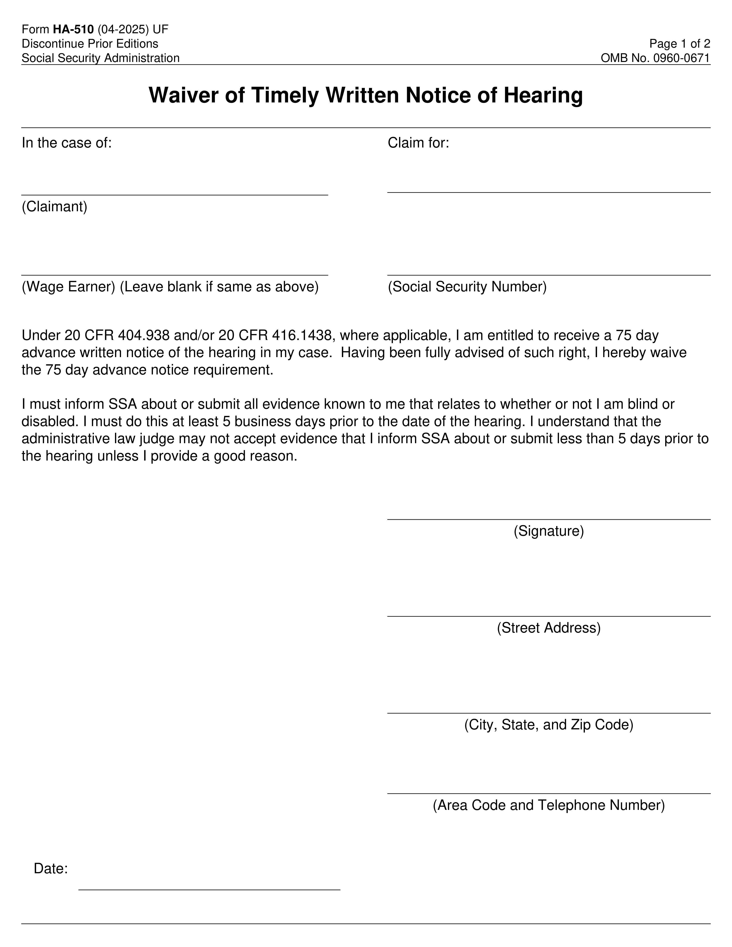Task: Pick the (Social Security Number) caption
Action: click(467, 287)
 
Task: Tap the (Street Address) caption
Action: click(549, 628)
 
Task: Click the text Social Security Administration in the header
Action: click(101, 58)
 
